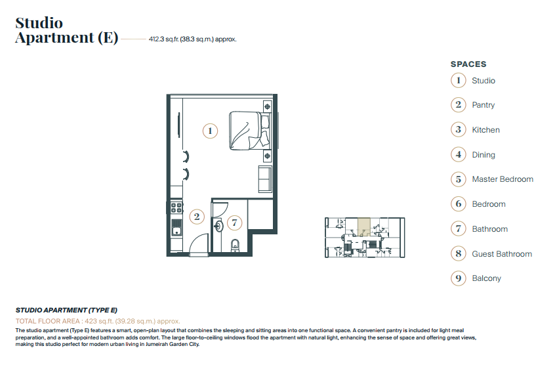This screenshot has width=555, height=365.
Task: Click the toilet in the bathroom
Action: (235, 246)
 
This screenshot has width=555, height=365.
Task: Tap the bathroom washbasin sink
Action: (218, 226)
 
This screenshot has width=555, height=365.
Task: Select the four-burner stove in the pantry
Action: (176, 207)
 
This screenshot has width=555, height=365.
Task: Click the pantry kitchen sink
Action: (176, 227)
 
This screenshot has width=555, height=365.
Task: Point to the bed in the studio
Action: (249, 131)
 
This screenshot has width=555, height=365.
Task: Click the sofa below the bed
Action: (265, 179)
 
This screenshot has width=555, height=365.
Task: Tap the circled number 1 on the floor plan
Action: (210, 131)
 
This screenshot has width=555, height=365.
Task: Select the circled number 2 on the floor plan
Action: (197, 217)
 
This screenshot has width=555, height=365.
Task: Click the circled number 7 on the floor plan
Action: (234, 223)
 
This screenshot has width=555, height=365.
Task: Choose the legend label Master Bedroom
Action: (503, 179)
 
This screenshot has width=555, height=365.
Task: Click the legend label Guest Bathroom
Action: (502, 254)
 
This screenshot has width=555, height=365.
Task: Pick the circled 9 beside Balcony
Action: (459, 278)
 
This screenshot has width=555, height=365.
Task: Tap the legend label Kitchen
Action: (485, 130)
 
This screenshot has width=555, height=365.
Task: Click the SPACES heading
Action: (468, 64)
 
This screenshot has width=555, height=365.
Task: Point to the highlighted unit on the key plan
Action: (364, 227)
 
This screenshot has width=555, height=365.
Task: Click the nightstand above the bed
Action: (267, 106)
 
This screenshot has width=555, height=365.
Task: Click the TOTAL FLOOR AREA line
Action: (98, 321)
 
